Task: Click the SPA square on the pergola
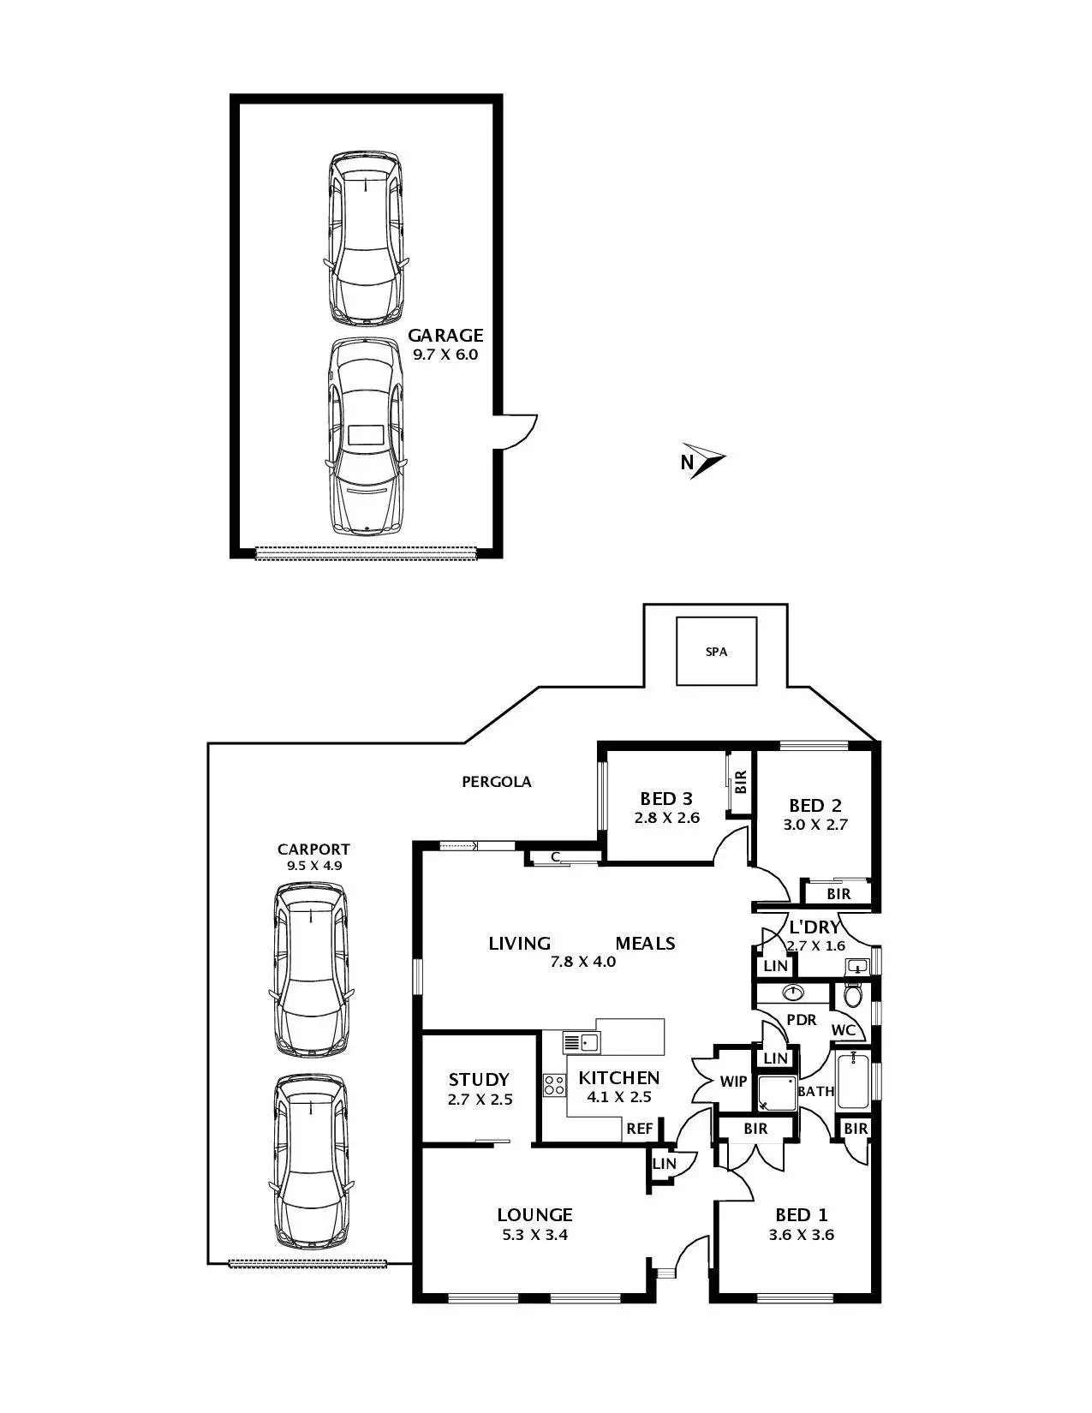(716, 652)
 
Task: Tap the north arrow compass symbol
(705, 461)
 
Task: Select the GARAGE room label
(445, 335)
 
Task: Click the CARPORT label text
(313, 849)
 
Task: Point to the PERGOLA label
(496, 781)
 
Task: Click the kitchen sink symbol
(582, 1042)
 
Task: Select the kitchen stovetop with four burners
(554, 1085)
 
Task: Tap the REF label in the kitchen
(639, 1128)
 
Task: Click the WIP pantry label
(733, 1081)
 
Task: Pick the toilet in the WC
(853, 995)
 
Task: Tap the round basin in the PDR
(794, 993)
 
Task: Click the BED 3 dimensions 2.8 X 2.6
(666, 818)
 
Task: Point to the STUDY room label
(479, 1079)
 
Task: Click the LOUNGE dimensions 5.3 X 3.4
(534, 1235)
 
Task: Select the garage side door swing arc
(519, 432)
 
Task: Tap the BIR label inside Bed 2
(838, 894)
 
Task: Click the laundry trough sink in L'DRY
(856, 967)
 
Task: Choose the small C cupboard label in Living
(555, 856)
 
